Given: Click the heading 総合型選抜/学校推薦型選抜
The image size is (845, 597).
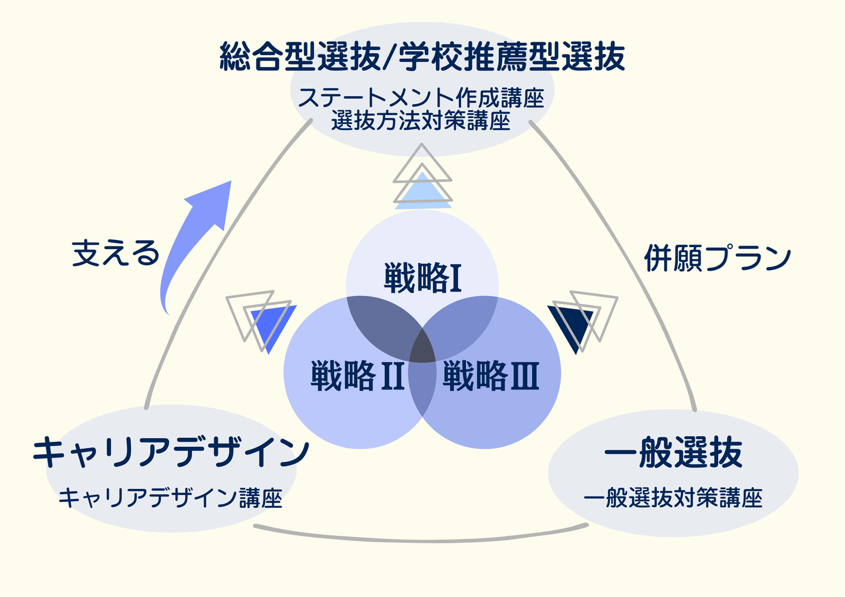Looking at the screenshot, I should (422, 58).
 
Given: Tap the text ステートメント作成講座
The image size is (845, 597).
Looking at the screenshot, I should (421, 97).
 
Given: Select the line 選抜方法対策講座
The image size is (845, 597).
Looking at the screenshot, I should (421, 121).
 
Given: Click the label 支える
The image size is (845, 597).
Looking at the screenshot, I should (116, 254).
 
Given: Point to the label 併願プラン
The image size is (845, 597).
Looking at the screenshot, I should (718, 258).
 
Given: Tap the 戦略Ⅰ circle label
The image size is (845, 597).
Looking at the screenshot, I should (422, 278).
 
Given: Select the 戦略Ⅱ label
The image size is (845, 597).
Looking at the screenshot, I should (357, 376).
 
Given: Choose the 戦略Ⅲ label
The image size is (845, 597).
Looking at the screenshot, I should (491, 376).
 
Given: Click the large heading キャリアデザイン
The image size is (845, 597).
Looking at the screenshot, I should (171, 453).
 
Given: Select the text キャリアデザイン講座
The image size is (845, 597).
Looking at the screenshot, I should (171, 498).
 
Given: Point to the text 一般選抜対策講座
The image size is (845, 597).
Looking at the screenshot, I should (673, 498).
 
